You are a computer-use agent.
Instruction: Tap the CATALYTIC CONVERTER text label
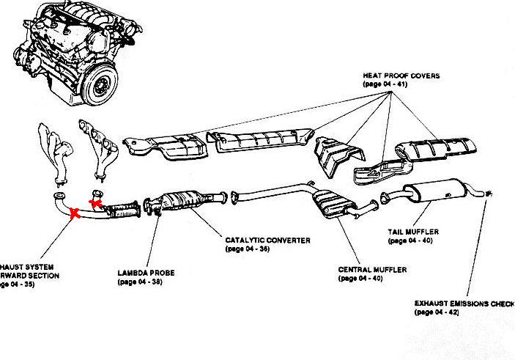(x=268, y=240)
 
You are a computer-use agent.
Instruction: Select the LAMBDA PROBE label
(x=145, y=273)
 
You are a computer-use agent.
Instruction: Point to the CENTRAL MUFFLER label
(x=372, y=270)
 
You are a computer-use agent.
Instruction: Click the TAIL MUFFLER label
(x=413, y=232)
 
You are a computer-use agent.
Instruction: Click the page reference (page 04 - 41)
(x=385, y=85)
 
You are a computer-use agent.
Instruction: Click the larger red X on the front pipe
(x=74, y=214)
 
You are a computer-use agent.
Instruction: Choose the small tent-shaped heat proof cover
(x=336, y=156)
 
